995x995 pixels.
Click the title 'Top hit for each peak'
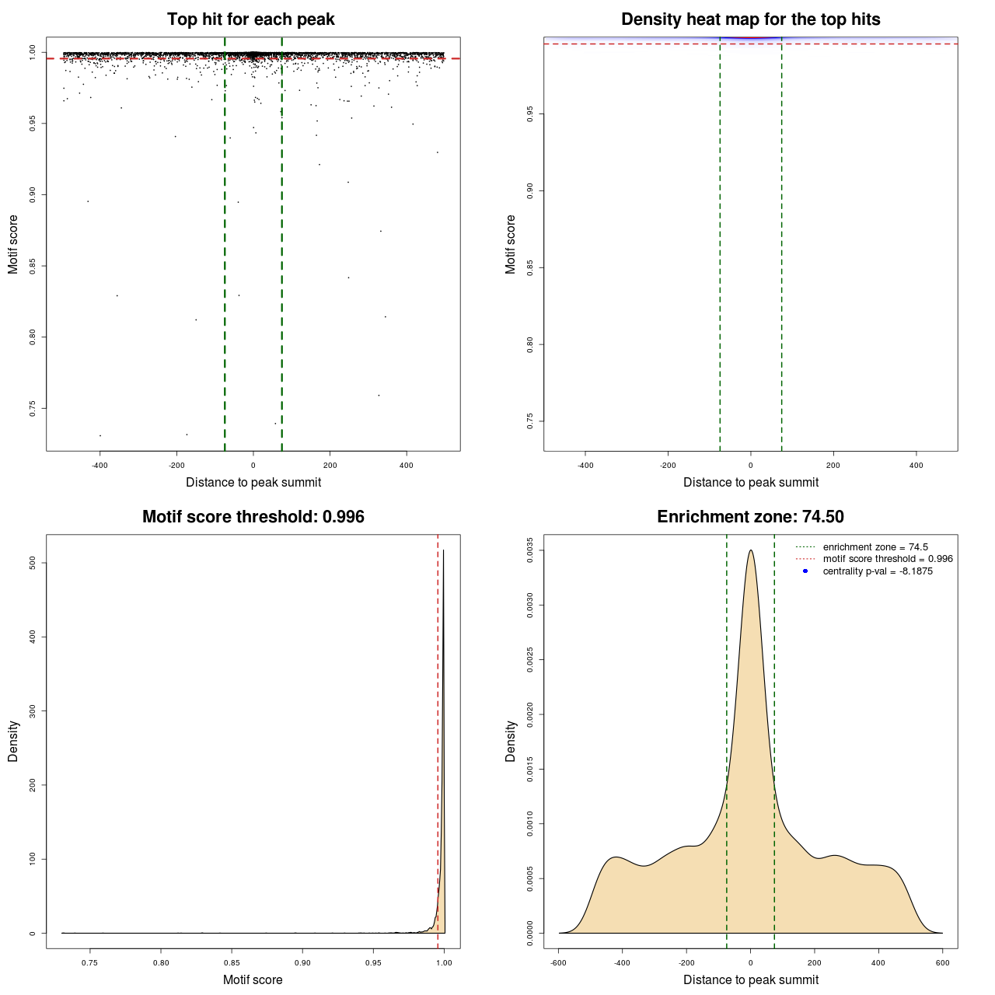(250, 19)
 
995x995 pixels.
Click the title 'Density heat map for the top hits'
(750, 19)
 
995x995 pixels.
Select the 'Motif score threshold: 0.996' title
(253, 517)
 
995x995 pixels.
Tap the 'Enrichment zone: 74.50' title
(750, 517)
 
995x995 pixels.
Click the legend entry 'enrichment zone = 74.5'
(875, 547)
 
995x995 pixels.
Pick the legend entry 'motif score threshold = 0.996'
(888, 559)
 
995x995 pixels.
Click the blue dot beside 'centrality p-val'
(805, 571)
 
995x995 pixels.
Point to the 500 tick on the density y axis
(33, 563)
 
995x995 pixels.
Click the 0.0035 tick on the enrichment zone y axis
(530, 550)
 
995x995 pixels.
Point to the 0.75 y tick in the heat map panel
(530, 421)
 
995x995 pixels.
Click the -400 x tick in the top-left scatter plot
(99, 466)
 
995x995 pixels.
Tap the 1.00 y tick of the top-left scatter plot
(33, 51)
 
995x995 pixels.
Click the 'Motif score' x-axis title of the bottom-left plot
(253, 980)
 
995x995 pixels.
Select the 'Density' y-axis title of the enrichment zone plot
(511, 741)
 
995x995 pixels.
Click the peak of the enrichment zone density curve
(750, 550)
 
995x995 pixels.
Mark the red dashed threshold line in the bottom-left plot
(438, 738)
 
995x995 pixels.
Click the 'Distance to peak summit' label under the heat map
(750, 483)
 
